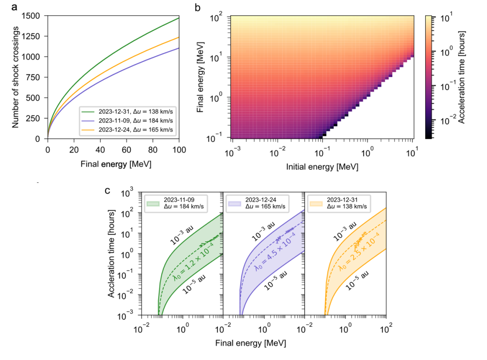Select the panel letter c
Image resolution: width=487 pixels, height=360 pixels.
click(108, 190)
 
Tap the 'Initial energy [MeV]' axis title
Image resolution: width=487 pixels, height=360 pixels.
click(322, 166)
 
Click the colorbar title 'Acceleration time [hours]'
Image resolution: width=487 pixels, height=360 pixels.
click(462, 77)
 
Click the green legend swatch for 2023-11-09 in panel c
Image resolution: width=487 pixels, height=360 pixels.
click(153, 203)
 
